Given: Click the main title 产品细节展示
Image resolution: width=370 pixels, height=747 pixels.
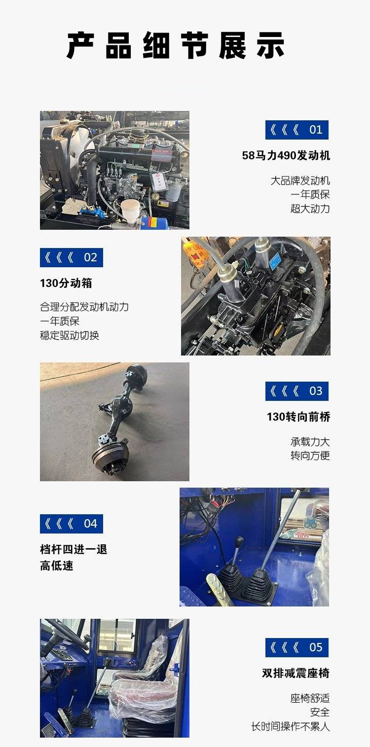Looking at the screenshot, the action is point(176,46).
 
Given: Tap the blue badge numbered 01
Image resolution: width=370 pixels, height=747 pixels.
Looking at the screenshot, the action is point(297,130).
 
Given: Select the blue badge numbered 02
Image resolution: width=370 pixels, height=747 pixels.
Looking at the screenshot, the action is point(72,257).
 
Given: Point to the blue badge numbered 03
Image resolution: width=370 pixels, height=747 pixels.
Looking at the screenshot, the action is point(297,391).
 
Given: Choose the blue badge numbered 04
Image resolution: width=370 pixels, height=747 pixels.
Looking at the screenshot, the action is point(72,524).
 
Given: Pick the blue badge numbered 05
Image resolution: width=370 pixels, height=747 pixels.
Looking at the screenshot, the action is point(297,647).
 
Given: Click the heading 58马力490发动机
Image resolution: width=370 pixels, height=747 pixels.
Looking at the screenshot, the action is point(286,155).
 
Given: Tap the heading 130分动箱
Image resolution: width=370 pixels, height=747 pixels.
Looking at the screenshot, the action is point(66,283).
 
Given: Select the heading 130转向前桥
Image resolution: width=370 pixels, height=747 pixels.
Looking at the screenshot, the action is point(298,417).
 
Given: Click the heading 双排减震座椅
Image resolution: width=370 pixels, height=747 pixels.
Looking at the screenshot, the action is point(296,673).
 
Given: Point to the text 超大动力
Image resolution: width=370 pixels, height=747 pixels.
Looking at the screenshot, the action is point(310,209).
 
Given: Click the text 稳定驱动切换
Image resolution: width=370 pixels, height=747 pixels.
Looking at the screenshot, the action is point(70,335).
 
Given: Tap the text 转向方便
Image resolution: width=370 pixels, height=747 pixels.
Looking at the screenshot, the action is point(310,456).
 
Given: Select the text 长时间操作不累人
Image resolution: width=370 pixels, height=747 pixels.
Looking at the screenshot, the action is point(291,726).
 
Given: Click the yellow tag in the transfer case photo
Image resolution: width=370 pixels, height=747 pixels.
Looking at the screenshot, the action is point(195,252).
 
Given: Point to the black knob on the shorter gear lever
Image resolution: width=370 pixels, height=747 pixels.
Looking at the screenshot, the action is point(239,540).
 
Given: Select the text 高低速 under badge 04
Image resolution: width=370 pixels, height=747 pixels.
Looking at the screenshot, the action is point(56,566).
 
